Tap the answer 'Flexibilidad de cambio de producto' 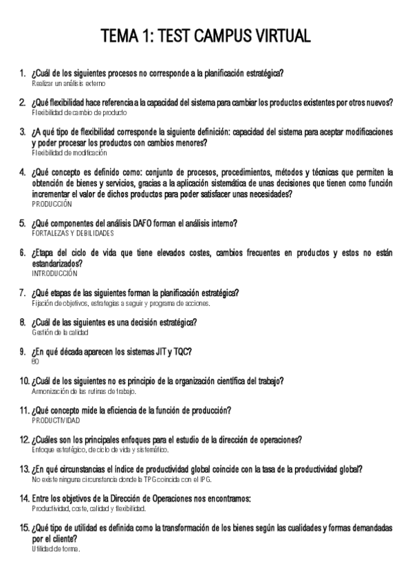coord(79,112)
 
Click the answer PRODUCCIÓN coord(52,205)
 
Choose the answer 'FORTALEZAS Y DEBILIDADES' coord(73,234)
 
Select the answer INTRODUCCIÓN coord(55,273)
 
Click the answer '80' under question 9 coord(36,362)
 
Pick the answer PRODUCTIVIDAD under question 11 coord(56,420)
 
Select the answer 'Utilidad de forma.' coord(56,549)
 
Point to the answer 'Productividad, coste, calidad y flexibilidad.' coord(89,508)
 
